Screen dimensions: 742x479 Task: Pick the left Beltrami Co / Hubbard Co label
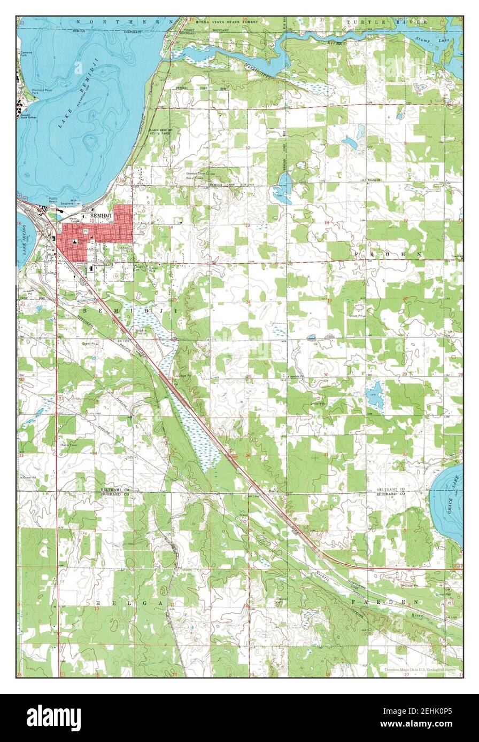click(x=115, y=492)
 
